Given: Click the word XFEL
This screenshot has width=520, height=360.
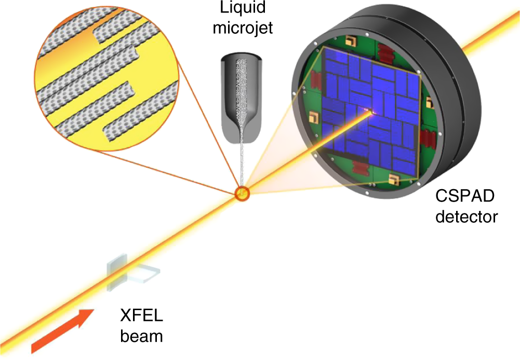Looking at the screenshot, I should click(x=140, y=316).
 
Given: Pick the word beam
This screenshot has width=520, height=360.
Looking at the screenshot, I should click(x=141, y=336).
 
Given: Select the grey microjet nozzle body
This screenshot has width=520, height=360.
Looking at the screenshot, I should click(x=239, y=99).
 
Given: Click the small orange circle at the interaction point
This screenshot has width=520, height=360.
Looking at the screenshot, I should click(x=243, y=194).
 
